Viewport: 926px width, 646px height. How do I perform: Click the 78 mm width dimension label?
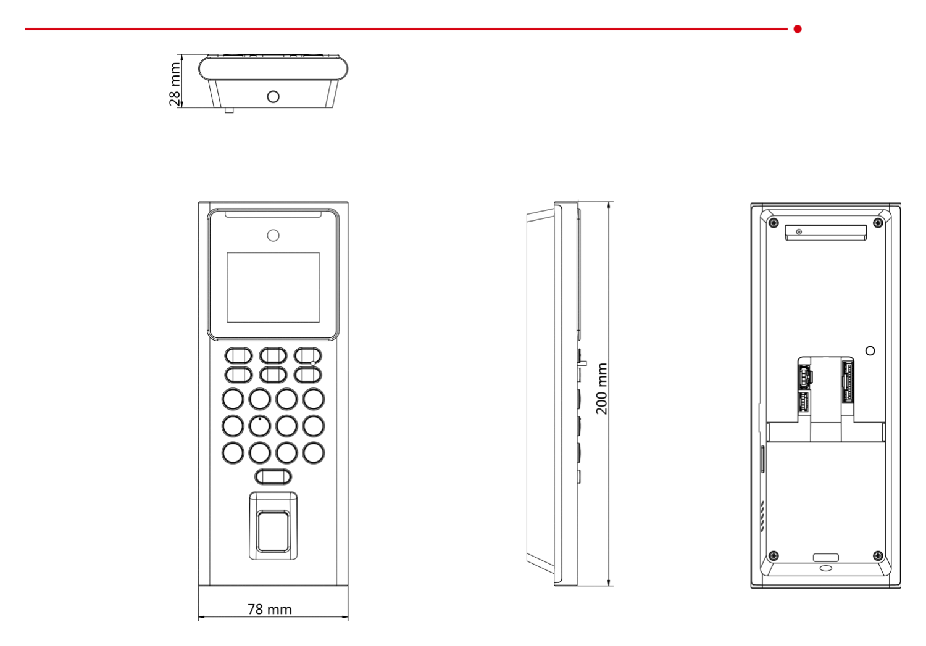(270, 609)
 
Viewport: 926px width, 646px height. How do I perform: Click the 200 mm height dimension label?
(602, 389)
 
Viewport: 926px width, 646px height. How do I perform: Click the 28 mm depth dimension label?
(175, 84)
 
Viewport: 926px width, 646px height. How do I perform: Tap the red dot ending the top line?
(798, 29)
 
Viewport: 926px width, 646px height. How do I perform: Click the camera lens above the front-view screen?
(273, 236)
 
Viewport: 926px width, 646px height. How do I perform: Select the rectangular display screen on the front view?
(273, 288)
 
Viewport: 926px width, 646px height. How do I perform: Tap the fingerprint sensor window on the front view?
(273, 531)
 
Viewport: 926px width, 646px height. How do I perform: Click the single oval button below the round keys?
(273, 477)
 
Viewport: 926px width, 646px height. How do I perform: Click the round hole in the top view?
(273, 97)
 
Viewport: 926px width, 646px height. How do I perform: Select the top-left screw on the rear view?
(774, 223)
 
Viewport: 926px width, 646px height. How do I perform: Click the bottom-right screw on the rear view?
(878, 556)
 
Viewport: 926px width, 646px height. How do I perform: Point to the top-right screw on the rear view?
(878, 223)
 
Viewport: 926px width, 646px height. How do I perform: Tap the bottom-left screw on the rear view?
(774, 556)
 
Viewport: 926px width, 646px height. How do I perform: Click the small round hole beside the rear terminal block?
(870, 350)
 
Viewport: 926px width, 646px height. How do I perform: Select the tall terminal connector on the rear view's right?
(847, 382)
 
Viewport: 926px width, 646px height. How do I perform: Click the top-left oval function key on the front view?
(238, 355)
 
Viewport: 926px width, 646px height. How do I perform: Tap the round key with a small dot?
(260, 426)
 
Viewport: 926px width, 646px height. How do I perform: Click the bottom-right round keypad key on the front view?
(314, 453)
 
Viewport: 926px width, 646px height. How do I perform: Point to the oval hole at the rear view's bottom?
(826, 568)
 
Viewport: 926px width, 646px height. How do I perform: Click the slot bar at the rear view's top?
(826, 233)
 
